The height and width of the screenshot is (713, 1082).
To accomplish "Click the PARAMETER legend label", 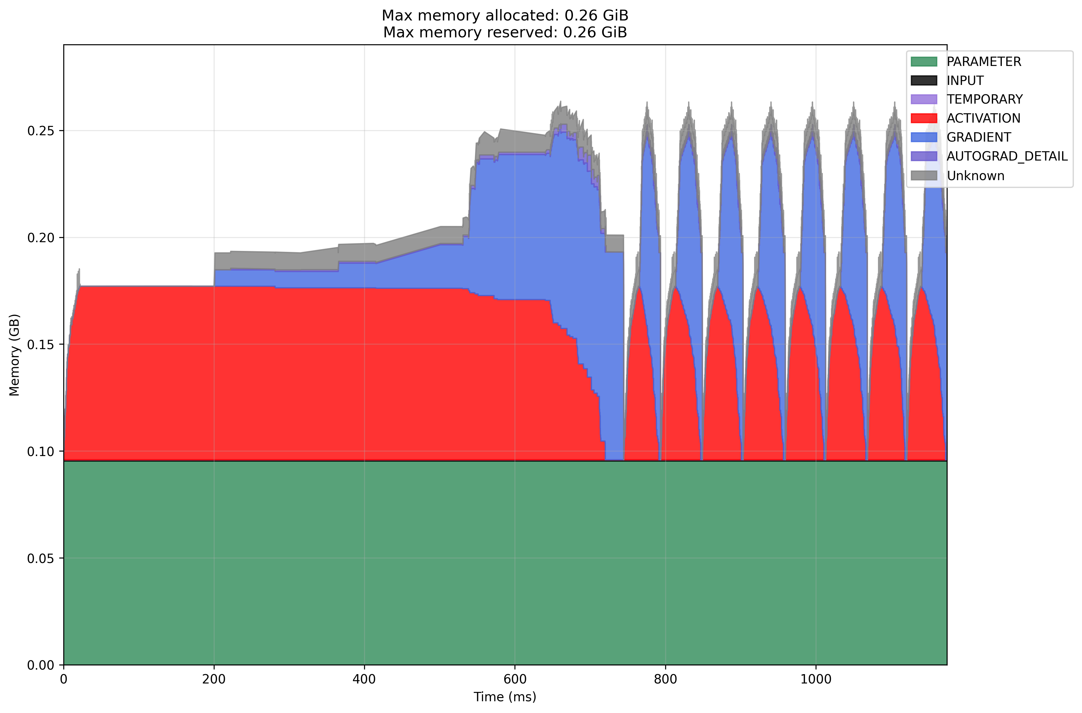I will point(984,61).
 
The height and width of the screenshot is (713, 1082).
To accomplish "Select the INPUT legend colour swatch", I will point(924,80).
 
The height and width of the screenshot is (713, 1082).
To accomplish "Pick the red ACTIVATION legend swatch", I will point(924,118).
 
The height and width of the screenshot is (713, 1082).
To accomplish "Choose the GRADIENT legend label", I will point(979,137).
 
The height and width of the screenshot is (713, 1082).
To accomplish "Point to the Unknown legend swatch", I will point(924,176).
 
